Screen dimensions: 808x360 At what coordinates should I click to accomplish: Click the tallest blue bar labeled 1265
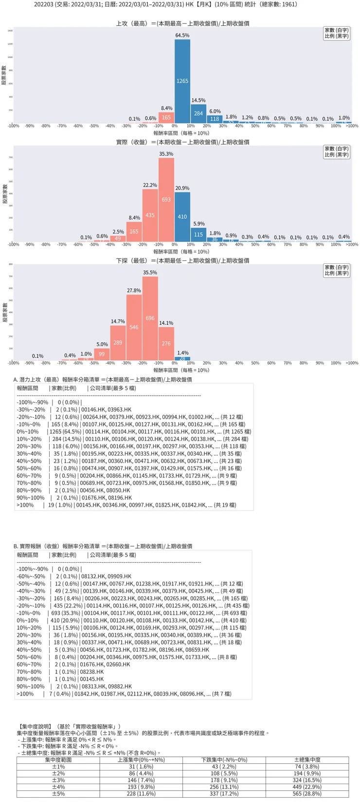point(182,81)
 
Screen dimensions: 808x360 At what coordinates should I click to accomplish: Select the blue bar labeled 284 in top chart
point(198,113)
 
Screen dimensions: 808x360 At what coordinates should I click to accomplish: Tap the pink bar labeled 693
point(166,200)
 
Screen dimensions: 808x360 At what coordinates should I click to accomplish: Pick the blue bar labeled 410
point(182,217)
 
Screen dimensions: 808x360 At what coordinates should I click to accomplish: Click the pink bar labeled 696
point(150,319)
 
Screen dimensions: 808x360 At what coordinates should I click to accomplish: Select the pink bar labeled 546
point(134,327)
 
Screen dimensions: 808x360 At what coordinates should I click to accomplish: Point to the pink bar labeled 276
point(166,344)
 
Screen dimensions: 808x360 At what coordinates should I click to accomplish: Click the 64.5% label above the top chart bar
point(182,36)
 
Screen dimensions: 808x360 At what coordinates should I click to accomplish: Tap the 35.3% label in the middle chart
point(166,154)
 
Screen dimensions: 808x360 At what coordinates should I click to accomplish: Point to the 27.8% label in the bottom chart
point(134,291)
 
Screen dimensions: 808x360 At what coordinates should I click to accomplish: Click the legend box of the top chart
point(337,33)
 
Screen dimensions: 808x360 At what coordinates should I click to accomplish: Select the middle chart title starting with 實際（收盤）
point(182,142)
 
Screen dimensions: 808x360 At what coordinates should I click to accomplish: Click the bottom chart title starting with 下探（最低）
point(182,260)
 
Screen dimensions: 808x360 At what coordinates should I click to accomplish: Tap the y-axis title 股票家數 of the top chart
point(4,75)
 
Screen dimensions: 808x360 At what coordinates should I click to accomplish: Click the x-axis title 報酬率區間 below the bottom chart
point(181,370)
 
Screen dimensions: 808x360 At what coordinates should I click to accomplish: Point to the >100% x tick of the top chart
point(352,126)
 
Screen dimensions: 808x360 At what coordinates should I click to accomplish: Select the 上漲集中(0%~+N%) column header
point(141,759)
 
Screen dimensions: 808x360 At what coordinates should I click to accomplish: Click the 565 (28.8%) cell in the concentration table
point(307,793)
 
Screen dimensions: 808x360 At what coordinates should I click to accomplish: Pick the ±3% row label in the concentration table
point(58,780)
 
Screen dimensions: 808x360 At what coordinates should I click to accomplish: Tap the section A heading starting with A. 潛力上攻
point(103,379)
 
